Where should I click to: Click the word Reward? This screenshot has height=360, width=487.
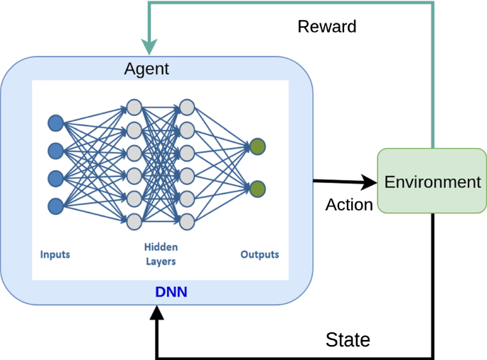coord(327,26)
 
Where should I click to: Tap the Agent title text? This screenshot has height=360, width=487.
coord(146,69)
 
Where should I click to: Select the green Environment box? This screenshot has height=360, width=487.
coord(432,181)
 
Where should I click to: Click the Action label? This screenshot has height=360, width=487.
coord(349,205)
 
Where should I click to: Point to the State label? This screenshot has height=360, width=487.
coord(348,339)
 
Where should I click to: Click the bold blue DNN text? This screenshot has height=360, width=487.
coord(171,292)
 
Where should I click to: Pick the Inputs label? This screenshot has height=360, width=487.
coord(55,255)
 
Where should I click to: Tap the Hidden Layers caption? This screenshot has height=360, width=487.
coord(161,254)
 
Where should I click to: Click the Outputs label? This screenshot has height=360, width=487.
coord(259,254)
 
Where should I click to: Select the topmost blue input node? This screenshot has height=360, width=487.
coord(56,123)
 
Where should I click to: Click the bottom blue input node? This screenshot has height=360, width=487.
coord(56,206)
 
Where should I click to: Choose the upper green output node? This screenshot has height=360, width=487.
coord(257,147)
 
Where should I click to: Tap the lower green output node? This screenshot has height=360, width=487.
coord(257,189)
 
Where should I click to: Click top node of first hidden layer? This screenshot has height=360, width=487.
coord(134,107)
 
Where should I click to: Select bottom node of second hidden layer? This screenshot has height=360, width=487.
coord(187,222)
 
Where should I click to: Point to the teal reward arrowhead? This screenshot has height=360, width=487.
coord(149,47)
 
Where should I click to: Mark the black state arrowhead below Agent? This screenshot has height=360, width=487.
coord(157,312)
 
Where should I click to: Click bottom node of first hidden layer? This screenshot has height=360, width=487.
coord(134,222)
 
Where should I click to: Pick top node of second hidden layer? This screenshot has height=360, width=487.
coord(187,107)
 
